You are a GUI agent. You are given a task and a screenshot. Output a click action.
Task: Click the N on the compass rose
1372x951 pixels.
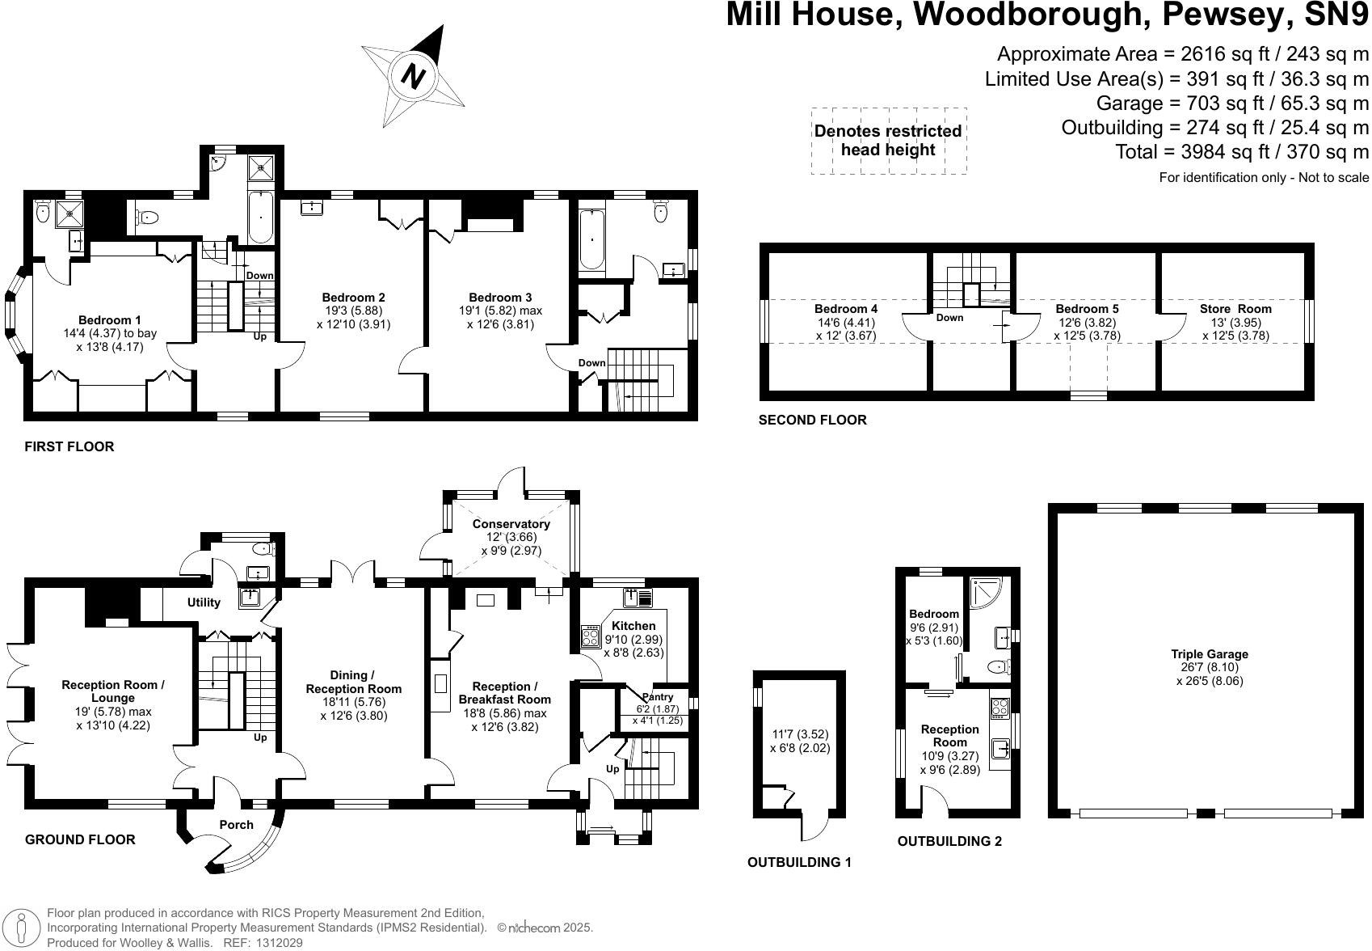[x=414, y=77]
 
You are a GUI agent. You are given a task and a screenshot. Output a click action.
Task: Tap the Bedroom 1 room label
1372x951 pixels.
[x=110, y=320]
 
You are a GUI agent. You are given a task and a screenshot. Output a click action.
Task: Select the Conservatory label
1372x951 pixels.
[x=511, y=524]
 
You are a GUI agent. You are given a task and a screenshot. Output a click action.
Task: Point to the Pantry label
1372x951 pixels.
[x=657, y=697]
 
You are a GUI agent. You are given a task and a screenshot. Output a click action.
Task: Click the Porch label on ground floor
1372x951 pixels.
[x=236, y=825]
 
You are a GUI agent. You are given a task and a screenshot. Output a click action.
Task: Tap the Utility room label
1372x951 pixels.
[x=204, y=602]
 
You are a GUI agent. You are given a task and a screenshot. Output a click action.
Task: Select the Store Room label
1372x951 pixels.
[x=1235, y=309]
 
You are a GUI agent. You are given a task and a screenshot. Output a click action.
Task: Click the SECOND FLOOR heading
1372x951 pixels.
[x=812, y=420]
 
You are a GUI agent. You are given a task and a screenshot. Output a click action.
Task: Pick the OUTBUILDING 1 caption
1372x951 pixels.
[x=798, y=862]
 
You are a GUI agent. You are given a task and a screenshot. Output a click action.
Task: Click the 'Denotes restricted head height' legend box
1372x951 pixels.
[x=888, y=141]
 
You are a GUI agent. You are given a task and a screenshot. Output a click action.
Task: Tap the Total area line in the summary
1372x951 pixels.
[x=1241, y=152]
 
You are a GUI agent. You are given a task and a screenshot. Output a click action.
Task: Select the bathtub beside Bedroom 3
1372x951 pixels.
[x=591, y=240]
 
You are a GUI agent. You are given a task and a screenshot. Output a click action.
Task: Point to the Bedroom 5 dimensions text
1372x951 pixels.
[x=1087, y=329]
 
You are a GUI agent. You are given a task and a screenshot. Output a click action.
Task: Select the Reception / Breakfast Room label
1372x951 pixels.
[x=504, y=693]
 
